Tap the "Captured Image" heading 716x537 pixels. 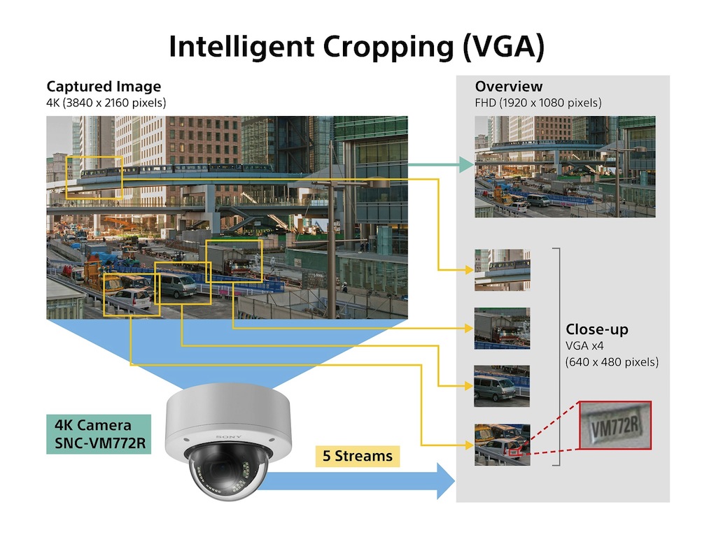[104, 87]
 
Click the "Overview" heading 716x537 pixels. [508, 87]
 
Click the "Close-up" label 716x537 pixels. [597, 329]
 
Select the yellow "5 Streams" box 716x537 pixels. [358, 457]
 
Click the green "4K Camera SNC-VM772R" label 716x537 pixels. [98, 434]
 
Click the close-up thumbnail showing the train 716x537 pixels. [502, 270]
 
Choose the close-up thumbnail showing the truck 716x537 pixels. [502, 328]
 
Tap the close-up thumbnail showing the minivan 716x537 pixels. [502, 386]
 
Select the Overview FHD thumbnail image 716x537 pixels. [565, 166]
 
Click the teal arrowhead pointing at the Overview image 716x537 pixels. [465, 165]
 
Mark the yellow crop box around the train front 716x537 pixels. [94, 178]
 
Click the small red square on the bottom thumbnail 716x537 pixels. [514, 452]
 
